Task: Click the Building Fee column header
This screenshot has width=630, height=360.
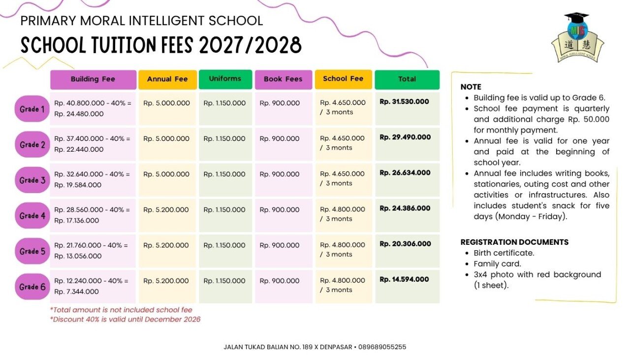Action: tap(93, 80)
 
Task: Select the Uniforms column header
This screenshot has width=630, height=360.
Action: tap(225, 79)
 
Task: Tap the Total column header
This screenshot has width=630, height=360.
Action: tap(407, 80)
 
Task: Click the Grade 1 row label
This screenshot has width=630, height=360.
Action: tap(32, 109)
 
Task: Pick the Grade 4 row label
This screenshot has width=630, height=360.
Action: tap(32, 216)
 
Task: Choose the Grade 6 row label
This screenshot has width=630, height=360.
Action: tap(32, 287)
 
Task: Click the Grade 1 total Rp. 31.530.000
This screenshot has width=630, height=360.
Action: tap(404, 101)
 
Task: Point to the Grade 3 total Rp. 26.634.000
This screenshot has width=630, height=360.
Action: tap(405, 173)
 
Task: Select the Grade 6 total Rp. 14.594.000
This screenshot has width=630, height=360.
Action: tap(404, 280)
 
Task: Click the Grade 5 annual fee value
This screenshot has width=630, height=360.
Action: tap(166, 245)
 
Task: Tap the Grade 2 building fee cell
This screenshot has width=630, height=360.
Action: tap(92, 144)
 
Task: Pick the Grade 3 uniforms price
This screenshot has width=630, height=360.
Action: tap(224, 174)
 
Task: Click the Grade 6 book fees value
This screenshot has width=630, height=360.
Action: tap(280, 281)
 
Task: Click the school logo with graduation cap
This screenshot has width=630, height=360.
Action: tap(577, 37)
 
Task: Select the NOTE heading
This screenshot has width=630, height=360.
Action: tap(471, 87)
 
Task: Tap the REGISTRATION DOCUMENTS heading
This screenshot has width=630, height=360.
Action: tap(514, 242)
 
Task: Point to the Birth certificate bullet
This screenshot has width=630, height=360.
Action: tap(504, 253)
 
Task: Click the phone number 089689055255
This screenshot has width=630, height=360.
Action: tap(382, 347)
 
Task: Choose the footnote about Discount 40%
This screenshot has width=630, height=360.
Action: tap(125, 320)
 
